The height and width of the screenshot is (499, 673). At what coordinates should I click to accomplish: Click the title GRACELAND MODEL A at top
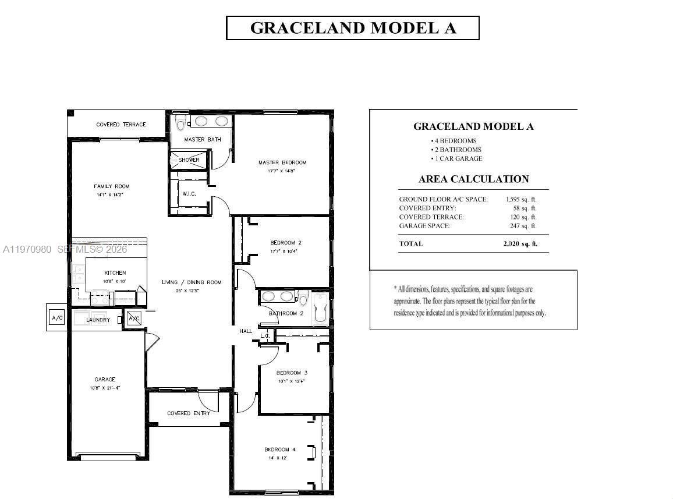353,28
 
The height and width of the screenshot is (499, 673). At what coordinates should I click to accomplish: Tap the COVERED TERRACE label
121,125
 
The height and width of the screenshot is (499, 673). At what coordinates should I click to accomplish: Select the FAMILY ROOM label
111,186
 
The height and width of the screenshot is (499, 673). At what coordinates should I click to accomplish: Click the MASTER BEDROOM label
282,162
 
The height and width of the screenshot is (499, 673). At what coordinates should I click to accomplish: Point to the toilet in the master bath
180,123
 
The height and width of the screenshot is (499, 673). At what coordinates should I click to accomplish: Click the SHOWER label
189,160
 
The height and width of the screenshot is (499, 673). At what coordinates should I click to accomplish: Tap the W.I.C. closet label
189,194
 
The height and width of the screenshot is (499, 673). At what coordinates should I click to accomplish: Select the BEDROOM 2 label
286,243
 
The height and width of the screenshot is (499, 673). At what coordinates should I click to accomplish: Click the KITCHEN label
115,272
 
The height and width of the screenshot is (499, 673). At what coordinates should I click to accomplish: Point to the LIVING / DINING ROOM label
192,282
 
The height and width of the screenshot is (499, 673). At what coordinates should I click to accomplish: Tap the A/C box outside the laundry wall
57,318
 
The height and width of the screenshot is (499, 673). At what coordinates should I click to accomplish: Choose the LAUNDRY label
98,320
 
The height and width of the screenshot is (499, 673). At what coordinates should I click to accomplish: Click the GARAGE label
105,380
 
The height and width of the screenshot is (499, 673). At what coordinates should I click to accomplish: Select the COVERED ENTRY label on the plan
189,413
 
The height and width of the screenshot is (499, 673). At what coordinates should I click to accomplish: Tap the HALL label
246,331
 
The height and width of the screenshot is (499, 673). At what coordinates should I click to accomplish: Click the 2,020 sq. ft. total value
520,243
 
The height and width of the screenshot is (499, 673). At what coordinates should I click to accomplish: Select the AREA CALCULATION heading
473,179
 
